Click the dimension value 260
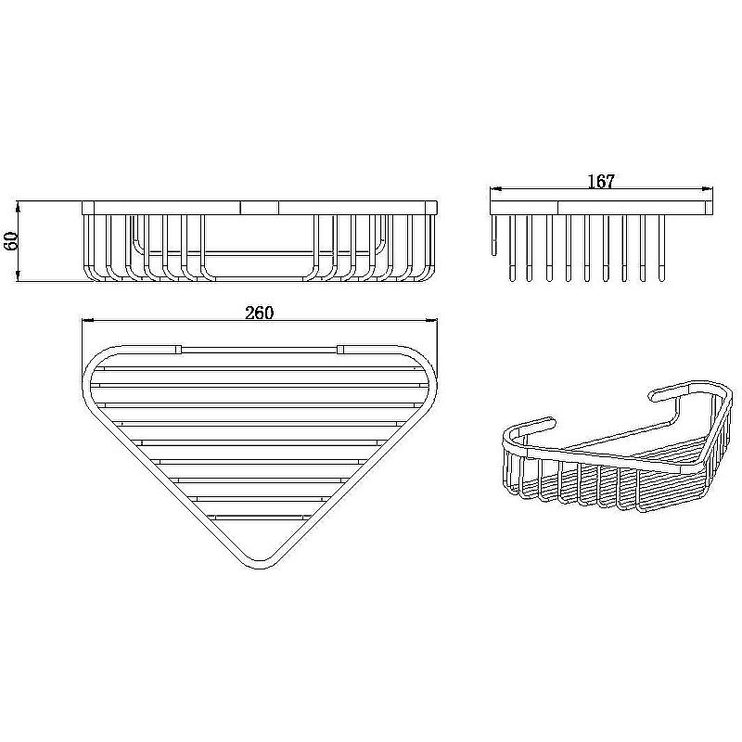(260, 313)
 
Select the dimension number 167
(601, 181)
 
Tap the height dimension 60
(10, 241)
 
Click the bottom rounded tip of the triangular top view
(261, 567)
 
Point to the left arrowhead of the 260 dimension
(88, 320)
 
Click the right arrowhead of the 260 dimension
(431, 320)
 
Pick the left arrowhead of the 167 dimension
(496, 189)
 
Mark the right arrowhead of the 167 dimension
(707, 189)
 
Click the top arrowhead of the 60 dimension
(18, 207)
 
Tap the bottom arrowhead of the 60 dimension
(18, 276)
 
